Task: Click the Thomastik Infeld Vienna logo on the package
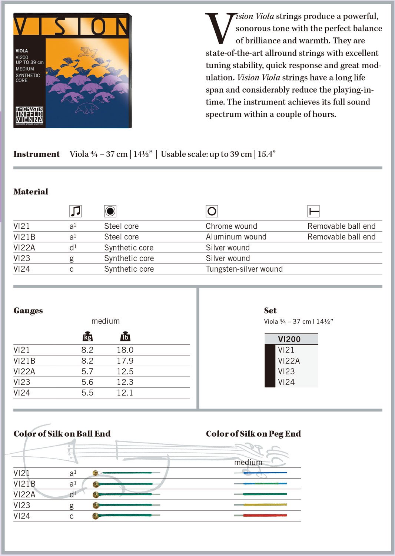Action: pyautogui.click(x=29, y=115)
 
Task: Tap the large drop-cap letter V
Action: pyautogui.click(x=219, y=28)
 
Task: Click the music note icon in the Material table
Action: pyautogui.click(x=75, y=211)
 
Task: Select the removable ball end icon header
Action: pyautogui.click(x=313, y=211)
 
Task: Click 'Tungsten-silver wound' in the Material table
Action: pyautogui.click(x=244, y=269)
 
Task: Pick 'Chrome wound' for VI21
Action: pyautogui.click(x=231, y=226)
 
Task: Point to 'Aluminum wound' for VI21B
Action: pyautogui.click(x=236, y=237)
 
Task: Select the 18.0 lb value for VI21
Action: pyautogui.click(x=125, y=350)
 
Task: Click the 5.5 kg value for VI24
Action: pyautogui.click(x=87, y=393)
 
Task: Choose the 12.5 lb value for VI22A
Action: pyautogui.click(x=125, y=371)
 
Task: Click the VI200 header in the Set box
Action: pyautogui.click(x=289, y=339)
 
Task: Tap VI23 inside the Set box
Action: pyautogui.click(x=286, y=371)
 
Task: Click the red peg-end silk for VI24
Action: pyautogui.click(x=265, y=516)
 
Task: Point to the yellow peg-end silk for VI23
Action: pyautogui.click(x=265, y=505)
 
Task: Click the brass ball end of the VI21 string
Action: pyautogui.click(x=96, y=473)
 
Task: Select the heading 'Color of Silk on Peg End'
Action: pyautogui.click(x=253, y=434)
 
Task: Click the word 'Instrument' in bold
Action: pyautogui.click(x=36, y=154)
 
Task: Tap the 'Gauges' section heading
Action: pyautogui.click(x=28, y=311)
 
